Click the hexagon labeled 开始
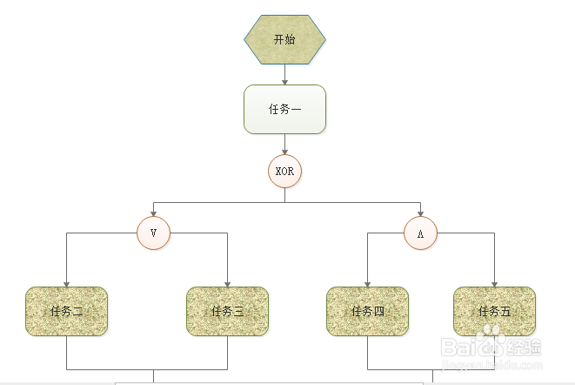point(284,39)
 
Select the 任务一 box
point(284,109)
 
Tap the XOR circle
point(284,171)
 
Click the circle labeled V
point(153,233)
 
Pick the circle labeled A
point(420,233)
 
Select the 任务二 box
point(66,311)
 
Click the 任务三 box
point(227,311)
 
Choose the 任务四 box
point(367,311)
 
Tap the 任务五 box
point(494,311)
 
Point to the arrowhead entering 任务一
point(284,81)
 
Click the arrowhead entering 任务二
point(66,283)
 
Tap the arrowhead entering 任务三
point(227,283)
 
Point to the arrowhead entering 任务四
point(367,283)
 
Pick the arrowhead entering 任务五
point(494,283)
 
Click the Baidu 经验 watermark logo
point(492,347)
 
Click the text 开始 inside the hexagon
point(284,39)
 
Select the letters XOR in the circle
point(284,172)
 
